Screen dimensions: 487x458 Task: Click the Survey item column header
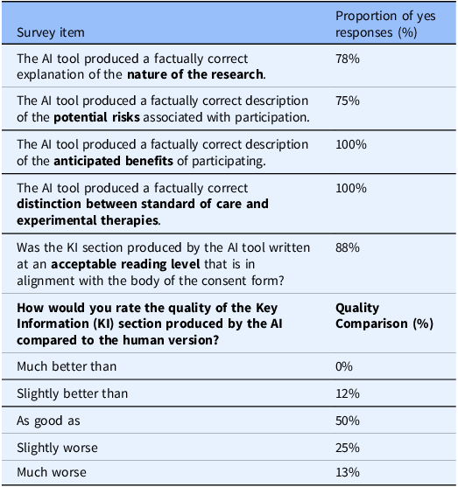point(52,33)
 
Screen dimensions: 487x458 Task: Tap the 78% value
point(348,59)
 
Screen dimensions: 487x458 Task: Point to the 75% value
point(348,101)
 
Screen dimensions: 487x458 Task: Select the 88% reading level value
point(348,247)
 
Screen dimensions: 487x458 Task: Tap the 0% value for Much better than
point(345,366)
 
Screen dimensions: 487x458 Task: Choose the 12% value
point(348,393)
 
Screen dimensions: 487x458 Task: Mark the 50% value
point(348,421)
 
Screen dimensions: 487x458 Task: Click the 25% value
point(348,448)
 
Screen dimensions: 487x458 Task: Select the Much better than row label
point(67,366)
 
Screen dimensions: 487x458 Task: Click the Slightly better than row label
point(73,393)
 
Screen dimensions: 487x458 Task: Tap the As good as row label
point(49,421)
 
